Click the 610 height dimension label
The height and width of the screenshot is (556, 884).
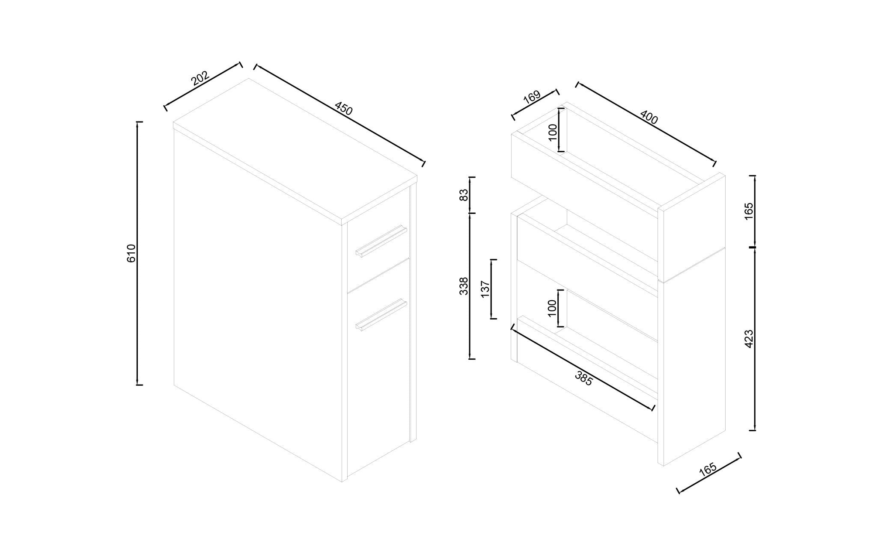pos(131,253)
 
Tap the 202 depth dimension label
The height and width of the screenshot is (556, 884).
pos(200,78)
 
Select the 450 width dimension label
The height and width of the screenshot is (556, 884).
pos(343,109)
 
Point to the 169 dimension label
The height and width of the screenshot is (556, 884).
pos(532,97)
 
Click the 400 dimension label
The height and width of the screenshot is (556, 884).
pos(649,117)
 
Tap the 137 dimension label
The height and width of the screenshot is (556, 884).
pos(485,289)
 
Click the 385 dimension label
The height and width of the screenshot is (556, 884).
pos(583,379)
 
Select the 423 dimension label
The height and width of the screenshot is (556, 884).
pos(749,339)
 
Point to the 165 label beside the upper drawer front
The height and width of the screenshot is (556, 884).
pos(749,211)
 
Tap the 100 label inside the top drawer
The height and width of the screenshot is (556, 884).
pos(553,132)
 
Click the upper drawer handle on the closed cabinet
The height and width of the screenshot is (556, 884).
pos(381,241)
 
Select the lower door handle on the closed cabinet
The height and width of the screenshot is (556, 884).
pos(381,315)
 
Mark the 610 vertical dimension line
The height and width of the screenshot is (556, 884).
pos(137,253)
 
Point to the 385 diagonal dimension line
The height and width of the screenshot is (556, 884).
pos(583,369)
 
